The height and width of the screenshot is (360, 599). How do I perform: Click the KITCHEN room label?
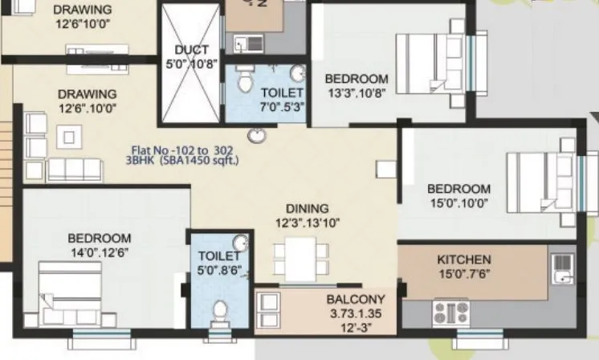coord(463,260)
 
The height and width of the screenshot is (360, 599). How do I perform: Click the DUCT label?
coord(191,50)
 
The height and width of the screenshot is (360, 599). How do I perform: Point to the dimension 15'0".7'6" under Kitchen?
coord(464,273)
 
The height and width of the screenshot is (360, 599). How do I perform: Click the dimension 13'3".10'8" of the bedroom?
coord(356,92)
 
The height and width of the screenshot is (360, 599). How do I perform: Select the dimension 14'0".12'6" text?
coord(100,252)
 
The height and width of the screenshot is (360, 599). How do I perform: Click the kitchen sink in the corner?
coord(563,269)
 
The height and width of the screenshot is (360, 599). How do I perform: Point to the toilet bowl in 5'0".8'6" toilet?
coord(220,310)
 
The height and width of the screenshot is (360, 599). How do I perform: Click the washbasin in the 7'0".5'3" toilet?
coord(297,75)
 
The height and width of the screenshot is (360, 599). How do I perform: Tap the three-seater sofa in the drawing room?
coord(74,170)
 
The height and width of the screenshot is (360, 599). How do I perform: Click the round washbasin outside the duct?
coord(257,135)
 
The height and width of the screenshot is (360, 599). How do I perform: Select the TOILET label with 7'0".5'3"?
coord(276,93)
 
